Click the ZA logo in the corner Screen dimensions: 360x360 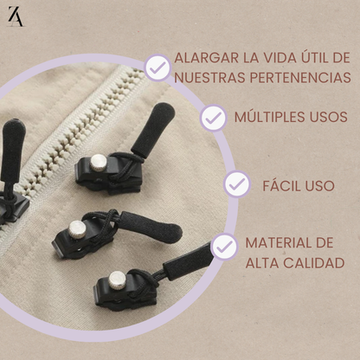pos(16,17)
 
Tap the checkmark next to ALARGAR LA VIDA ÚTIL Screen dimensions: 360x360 pos(157,67)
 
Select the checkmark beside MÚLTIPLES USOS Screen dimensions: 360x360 pos(213,117)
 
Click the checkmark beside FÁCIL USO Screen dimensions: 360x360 pos(236,183)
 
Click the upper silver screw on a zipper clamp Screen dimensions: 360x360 pos(99,160)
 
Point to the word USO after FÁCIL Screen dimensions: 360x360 pos(320,183)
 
